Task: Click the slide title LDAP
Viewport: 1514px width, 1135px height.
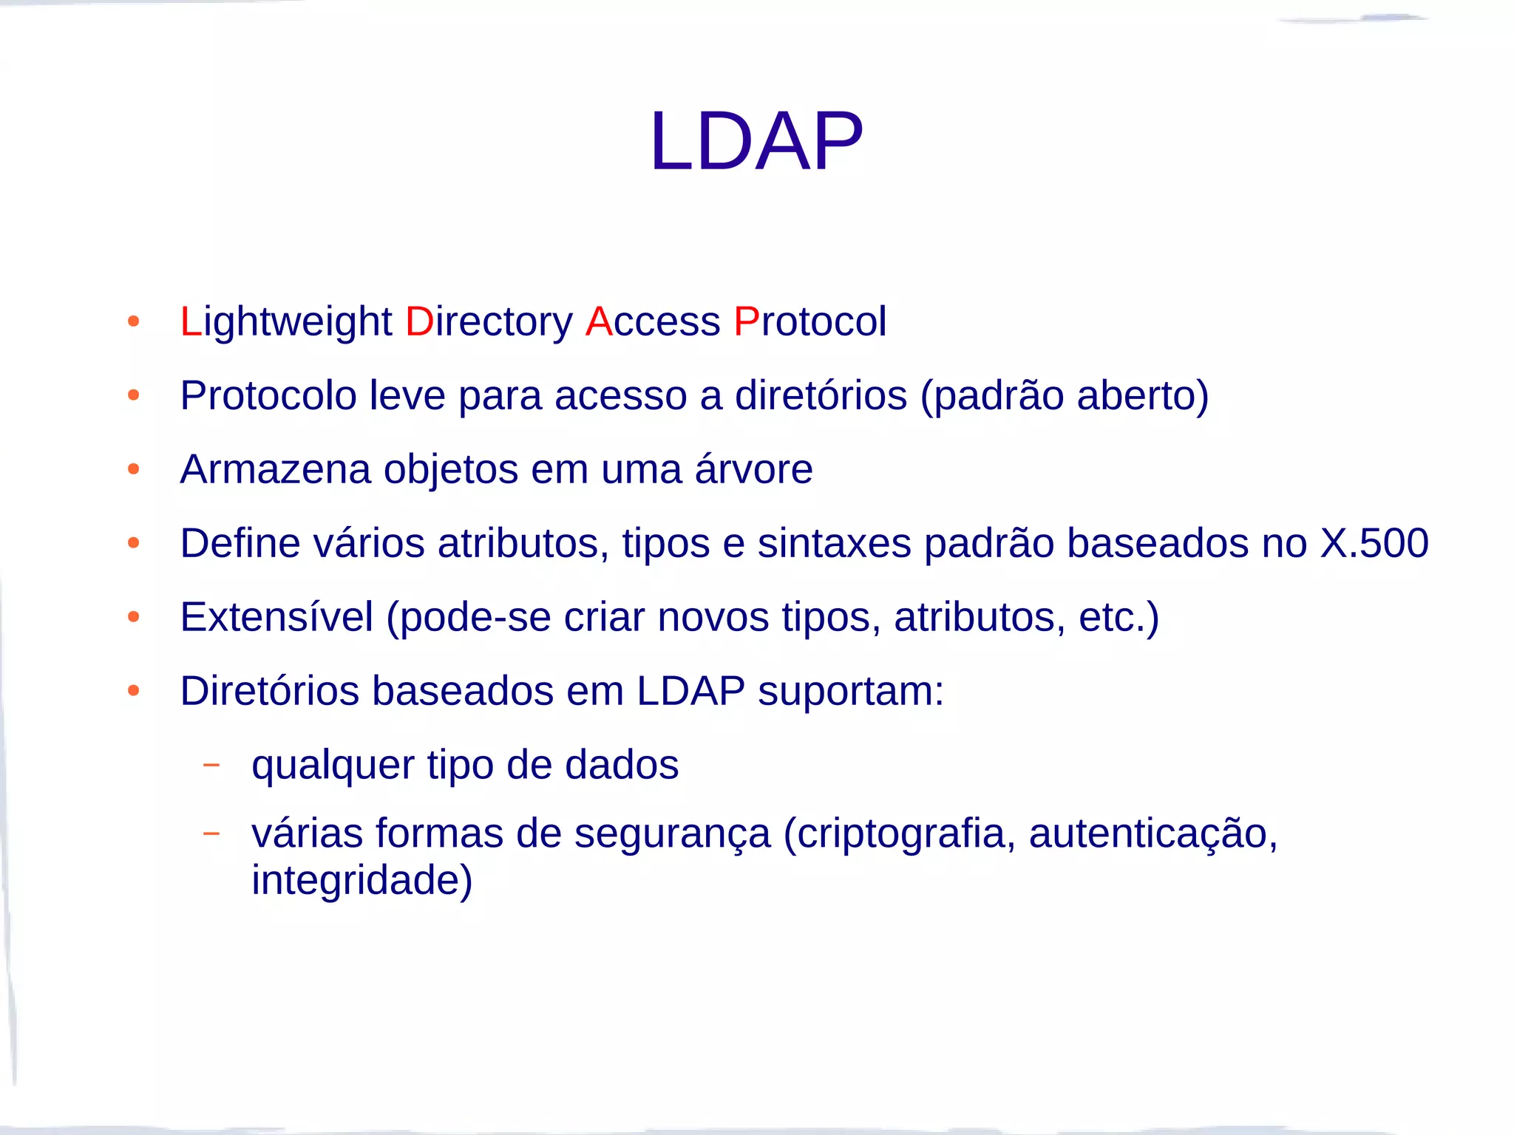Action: pyautogui.click(x=756, y=141)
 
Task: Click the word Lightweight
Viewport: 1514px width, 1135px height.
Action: pyautogui.click(x=286, y=322)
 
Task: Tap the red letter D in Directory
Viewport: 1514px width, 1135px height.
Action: pyautogui.click(x=419, y=322)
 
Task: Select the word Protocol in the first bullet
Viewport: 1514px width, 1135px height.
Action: pyautogui.click(x=810, y=322)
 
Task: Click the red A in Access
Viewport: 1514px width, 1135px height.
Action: pyautogui.click(x=599, y=322)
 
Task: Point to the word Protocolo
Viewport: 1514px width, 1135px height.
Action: pyautogui.click(x=268, y=395)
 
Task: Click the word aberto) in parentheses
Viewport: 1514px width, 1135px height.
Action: pyautogui.click(x=1143, y=395)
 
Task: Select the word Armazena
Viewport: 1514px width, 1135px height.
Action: pyautogui.click(x=275, y=469)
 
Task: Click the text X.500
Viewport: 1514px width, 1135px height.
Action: pyautogui.click(x=1374, y=543)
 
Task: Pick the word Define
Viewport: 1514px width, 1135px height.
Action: pyautogui.click(x=240, y=543)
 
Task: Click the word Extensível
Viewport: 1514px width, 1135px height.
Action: pyautogui.click(x=276, y=617)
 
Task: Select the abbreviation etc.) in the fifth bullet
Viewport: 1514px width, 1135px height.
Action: pyautogui.click(x=1118, y=617)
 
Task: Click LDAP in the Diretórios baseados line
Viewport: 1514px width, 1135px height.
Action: pyautogui.click(x=690, y=691)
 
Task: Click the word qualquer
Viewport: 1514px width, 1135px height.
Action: pyautogui.click(x=333, y=766)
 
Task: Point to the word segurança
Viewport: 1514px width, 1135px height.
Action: pyautogui.click(x=672, y=834)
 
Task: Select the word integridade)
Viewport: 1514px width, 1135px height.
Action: pyautogui.click(x=361, y=880)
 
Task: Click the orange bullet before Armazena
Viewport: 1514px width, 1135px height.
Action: pyautogui.click(x=134, y=469)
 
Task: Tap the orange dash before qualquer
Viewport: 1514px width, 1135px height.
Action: pyautogui.click(x=211, y=765)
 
